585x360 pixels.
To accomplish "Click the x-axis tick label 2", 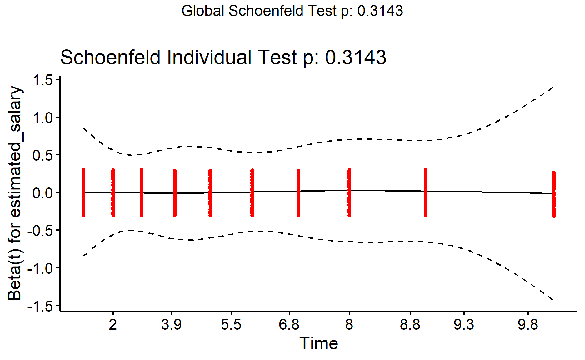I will pyautogui.click(x=113, y=325).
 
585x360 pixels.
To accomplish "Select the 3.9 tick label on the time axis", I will pyautogui.click(x=171, y=325).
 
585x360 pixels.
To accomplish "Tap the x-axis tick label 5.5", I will pyautogui.click(x=231, y=325).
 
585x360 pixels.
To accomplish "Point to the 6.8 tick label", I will pyautogui.click(x=289, y=325).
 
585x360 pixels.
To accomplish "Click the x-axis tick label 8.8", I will pyautogui.click(x=410, y=325).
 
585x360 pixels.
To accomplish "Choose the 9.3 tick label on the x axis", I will pyautogui.click(x=464, y=325).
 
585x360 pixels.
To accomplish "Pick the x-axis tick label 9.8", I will pyautogui.click(x=528, y=325).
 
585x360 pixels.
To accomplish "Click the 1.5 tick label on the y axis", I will pyautogui.click(x=43, y=80).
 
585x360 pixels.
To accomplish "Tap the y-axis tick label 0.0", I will pyautogui.click(x=43, y=193).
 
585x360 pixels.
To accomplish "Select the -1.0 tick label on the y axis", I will pyautogui.click(x=41, y=268).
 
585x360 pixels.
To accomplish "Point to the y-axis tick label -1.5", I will pyautogui.click(x=41, y=306).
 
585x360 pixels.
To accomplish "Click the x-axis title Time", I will pyautogui.click(x=318, y=343).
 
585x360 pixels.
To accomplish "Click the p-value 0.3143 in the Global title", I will pyautogui.click(x=380, y=11).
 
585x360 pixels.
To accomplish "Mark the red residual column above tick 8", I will pyautogui.click(x=349, y=192).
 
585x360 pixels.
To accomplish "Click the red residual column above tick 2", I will pyautogui.click(x=113, y=192).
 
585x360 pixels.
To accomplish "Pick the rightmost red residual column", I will pyautogui.click(x=554, y=194).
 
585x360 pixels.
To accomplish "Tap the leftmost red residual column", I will pyautogui.click(x=83, y=192).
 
